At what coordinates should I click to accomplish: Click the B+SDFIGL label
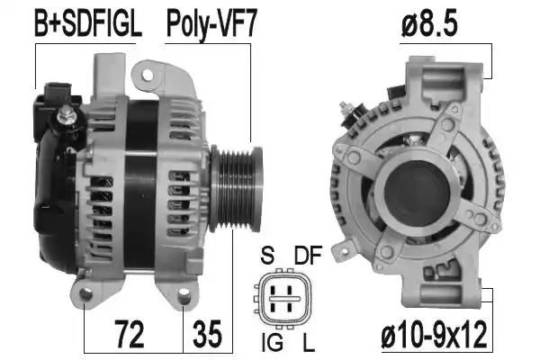click(x=88, y=23)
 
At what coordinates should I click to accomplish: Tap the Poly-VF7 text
click(x=211, y=24)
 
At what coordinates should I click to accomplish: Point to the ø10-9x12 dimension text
click(x=435, y=335)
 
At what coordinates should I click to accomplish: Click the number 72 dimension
click(x=129, y=334)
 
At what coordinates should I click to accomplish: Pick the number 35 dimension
click(x=207, y=334)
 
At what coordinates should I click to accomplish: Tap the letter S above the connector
click(x=267, y=255)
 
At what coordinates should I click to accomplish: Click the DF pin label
click(x=308, y=255)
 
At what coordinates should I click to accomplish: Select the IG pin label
click(x=273, y=341)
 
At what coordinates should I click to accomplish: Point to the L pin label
click(x=309, y=341)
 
